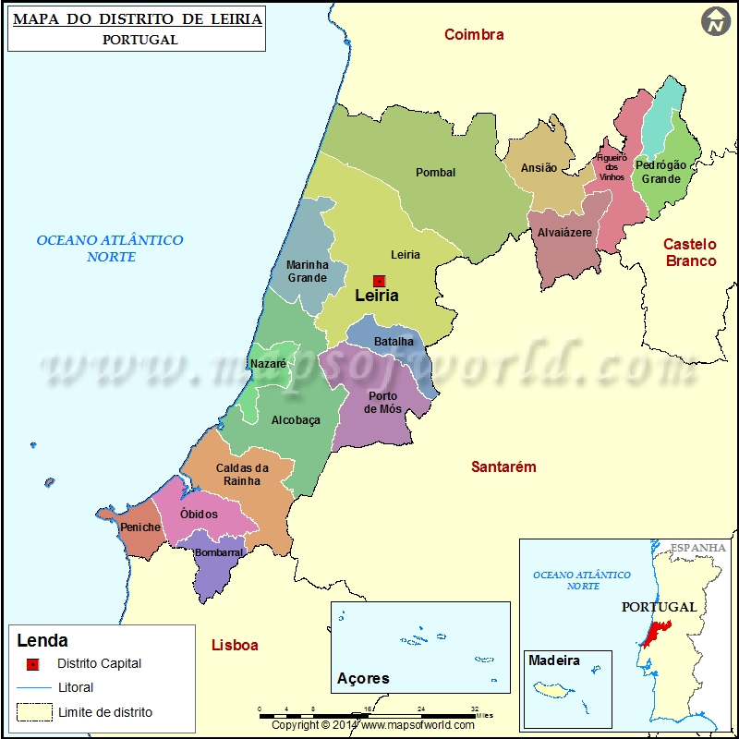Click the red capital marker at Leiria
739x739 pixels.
pyautogui.click(x=379, y=281)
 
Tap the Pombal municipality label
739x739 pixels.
pyautogui.click(x=435, y=173)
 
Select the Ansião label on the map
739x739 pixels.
pyautogui.click(x=539, y=168)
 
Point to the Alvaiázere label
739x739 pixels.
pyautogui.click(x=564, y=233)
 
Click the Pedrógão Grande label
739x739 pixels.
pyautogui.click(x=660, y=172)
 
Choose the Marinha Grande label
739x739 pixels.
pyautogui.click(x=307, y=272)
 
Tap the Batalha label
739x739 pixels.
pyautogui.click(x=394, y=342)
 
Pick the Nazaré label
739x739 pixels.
pyautogui.click(x=268, y=364)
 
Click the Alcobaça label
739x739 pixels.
pyautogui.click(x=296, y=420)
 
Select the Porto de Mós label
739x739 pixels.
pyautogui.click(x=382, y=403)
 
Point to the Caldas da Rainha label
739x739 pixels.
pyautogui.click(x=242, y=475)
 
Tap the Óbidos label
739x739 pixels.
pyautogui.click(x=199, y=515)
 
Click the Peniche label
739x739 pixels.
pyautogui.click(x=140, y=527)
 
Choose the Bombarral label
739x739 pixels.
pyautogui.click(x=219, y=553)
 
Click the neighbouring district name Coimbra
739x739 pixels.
pyautogui.click(x=474, y=35)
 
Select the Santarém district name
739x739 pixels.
pyautogui.click(x=503, y=467)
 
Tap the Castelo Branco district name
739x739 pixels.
pyautogui.click(x=690, y=252)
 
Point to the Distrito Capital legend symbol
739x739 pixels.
pyautogui.click(x=32, y=663)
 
